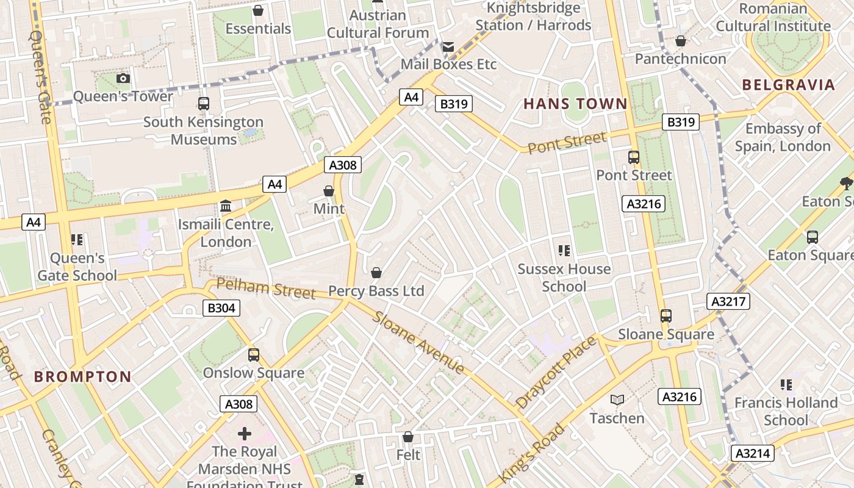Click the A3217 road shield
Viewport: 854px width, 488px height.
click(728, 301)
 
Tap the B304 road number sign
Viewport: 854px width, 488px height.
click(221, 308)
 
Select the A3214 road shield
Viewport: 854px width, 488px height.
click(753, 453)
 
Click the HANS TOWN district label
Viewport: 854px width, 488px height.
click(575, 104)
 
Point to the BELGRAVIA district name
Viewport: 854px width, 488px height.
click(788, 85)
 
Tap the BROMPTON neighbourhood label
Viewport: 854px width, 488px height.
click(82, 376)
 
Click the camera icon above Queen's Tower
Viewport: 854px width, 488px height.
click(123, 78)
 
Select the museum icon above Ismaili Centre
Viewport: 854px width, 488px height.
click(226, 206)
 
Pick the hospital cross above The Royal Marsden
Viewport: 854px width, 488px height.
click(245, 434)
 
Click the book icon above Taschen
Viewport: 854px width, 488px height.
click(617, 400)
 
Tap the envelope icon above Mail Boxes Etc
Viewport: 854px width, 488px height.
click(448, 46)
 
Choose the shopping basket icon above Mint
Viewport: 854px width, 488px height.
click(329, 191)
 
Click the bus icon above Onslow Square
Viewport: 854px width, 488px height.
click(253, 354)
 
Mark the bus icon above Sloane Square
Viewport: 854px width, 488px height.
click(666, 316)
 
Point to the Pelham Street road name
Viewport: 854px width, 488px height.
click(266, 287)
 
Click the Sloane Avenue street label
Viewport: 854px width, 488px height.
click(418, 342)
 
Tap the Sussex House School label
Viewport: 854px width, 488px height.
click(564, 278)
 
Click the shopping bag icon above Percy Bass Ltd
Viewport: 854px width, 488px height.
click(376, 273)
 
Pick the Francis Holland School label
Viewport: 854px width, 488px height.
click(786, 411)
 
